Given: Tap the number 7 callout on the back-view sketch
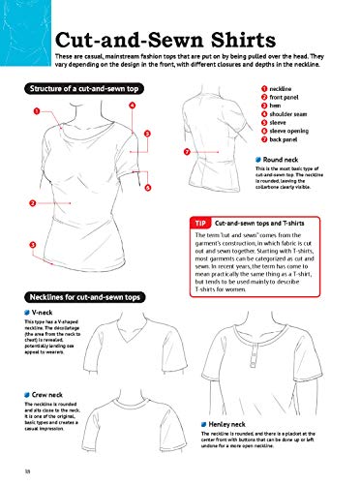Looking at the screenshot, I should (x=186, y=152).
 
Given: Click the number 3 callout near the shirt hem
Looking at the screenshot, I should (x=34, y=244).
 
